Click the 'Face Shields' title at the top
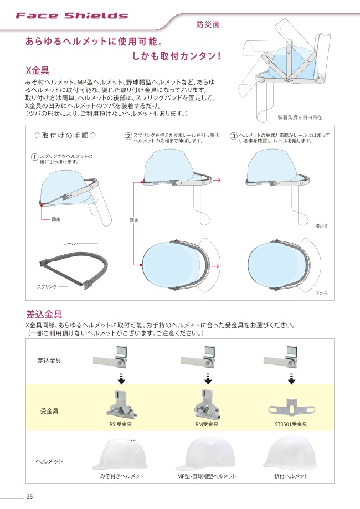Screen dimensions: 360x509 point(72,16)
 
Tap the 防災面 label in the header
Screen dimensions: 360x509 point(208,24)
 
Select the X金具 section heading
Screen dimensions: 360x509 point(37,71)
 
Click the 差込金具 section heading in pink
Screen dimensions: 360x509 point(44,314)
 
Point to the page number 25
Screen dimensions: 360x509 point(29,497)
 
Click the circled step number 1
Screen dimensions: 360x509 point(35,157)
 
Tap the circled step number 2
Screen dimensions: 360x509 point(128,136)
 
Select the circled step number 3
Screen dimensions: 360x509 point(234,136)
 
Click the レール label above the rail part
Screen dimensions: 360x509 point(69,243)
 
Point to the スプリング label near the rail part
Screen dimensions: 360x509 point(47,287)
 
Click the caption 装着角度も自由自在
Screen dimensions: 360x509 point(300,117)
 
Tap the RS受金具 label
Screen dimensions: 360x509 point(120,424)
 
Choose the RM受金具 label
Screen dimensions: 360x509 point(207,424)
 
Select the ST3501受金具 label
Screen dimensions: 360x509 point(291,424)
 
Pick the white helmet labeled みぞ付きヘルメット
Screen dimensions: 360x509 point(120,454)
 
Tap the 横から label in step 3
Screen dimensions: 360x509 point(321,226)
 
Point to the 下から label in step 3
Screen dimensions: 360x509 point(321,294)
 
